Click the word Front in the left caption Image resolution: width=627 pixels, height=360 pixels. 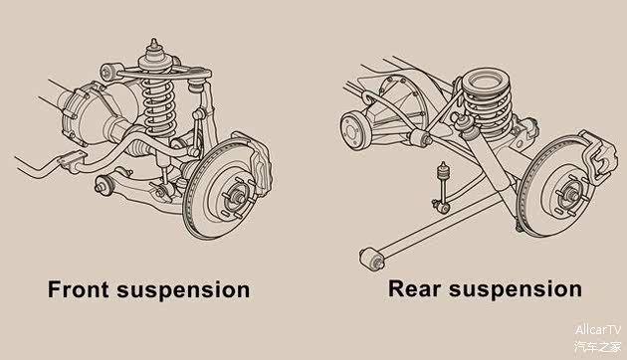(79, 289)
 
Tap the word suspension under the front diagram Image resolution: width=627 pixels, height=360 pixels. (183, 290)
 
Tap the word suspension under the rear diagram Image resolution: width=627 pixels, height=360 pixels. (516, 290)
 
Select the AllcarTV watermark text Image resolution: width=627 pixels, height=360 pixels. (598, 330)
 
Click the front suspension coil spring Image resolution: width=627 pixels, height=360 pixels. (159, 105)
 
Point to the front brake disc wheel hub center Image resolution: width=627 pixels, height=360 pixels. (238, 197)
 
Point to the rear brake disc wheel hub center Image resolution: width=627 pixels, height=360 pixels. (572, 195)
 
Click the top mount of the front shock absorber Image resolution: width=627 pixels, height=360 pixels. (154, 54)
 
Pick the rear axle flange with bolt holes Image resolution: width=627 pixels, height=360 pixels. (354, 131)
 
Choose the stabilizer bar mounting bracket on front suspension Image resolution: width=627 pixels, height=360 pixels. (72, 161)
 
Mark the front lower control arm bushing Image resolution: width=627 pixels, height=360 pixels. (104, 185)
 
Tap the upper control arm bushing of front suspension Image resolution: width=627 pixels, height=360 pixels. (107, 73)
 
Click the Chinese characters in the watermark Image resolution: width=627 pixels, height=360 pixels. (598, 346)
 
